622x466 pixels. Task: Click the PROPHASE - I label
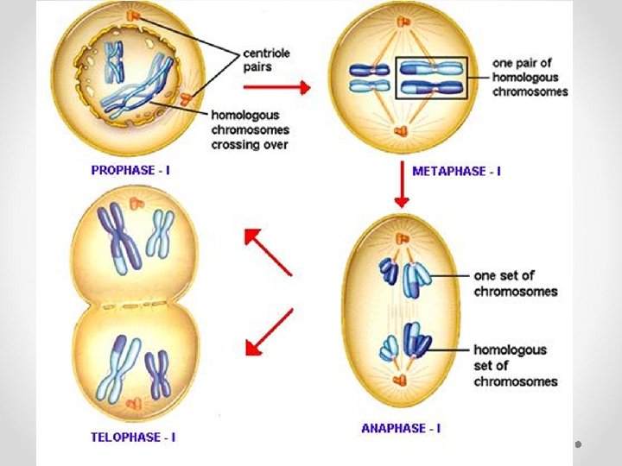coord(130,170)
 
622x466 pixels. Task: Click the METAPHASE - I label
coord(456,171)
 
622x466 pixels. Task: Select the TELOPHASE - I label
coord(133,437)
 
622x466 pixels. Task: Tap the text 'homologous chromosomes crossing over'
coord(250,129)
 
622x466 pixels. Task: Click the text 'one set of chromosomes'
coord(515,283)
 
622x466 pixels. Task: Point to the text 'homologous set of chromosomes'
coord(515,365)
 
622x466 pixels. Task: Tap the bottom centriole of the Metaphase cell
coord(401,131)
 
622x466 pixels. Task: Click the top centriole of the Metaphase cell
coord(401,22)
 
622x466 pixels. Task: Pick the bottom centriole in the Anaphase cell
coord(399,380)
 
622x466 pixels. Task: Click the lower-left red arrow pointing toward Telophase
coord(269,332)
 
